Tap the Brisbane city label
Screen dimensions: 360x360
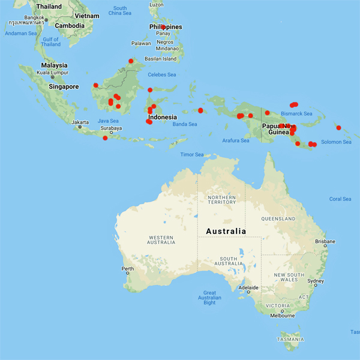(x=325, y=242)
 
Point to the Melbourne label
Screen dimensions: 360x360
(x=282, y=316)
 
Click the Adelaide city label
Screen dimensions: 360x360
(x=248, y=288)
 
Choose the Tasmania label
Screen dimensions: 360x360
(x=290, y=339)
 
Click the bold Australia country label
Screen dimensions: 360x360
(x=226, y=231)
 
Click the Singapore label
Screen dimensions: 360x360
(x=64, y=87)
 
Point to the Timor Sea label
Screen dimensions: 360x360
(x=192, y=155)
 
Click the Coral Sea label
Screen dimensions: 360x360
(x=340, y=199)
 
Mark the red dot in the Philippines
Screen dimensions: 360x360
(x=163, y=27)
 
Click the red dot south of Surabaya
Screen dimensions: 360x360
(x=105, y=139)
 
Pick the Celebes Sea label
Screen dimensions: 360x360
(x=162, y=74)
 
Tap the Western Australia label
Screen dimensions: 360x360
(x=161, y=240)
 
